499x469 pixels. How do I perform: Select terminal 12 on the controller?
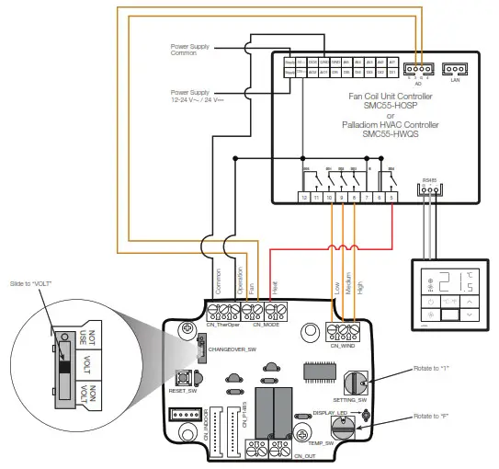(x=304, y=197)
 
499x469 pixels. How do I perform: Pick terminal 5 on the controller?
(x=393, y=197)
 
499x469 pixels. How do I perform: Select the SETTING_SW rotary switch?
(x=354, y=381)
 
